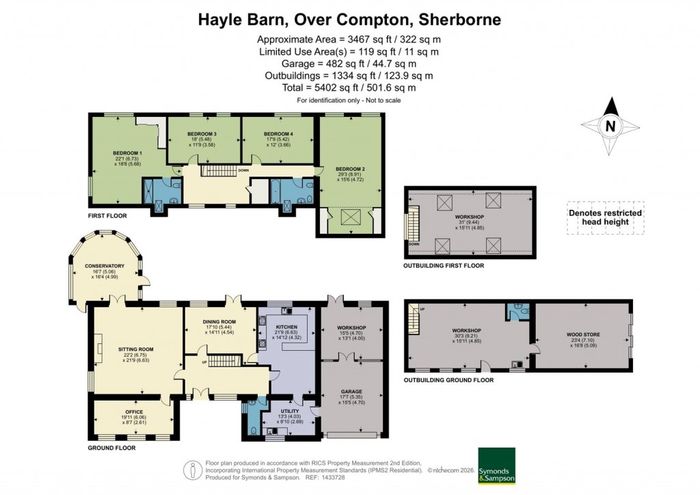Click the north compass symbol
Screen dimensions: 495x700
tap(610, 126)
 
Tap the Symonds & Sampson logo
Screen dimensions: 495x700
tap(496, 466)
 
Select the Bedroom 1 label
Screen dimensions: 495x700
tap(128, 153)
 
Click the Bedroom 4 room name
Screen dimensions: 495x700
tap(278, 133)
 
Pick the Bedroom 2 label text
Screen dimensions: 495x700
tap(349, 168)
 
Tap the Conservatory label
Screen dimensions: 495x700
tap(105, 265)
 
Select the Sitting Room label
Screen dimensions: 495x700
tap(137, 349)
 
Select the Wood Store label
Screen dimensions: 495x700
tap(582, 335)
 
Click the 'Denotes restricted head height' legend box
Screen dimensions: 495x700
tap(605, 217)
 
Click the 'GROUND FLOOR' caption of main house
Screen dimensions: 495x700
tap(111, 449)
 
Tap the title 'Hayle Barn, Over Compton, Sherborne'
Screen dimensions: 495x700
tap(349, 19)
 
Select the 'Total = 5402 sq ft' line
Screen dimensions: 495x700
tap(349, 88)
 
